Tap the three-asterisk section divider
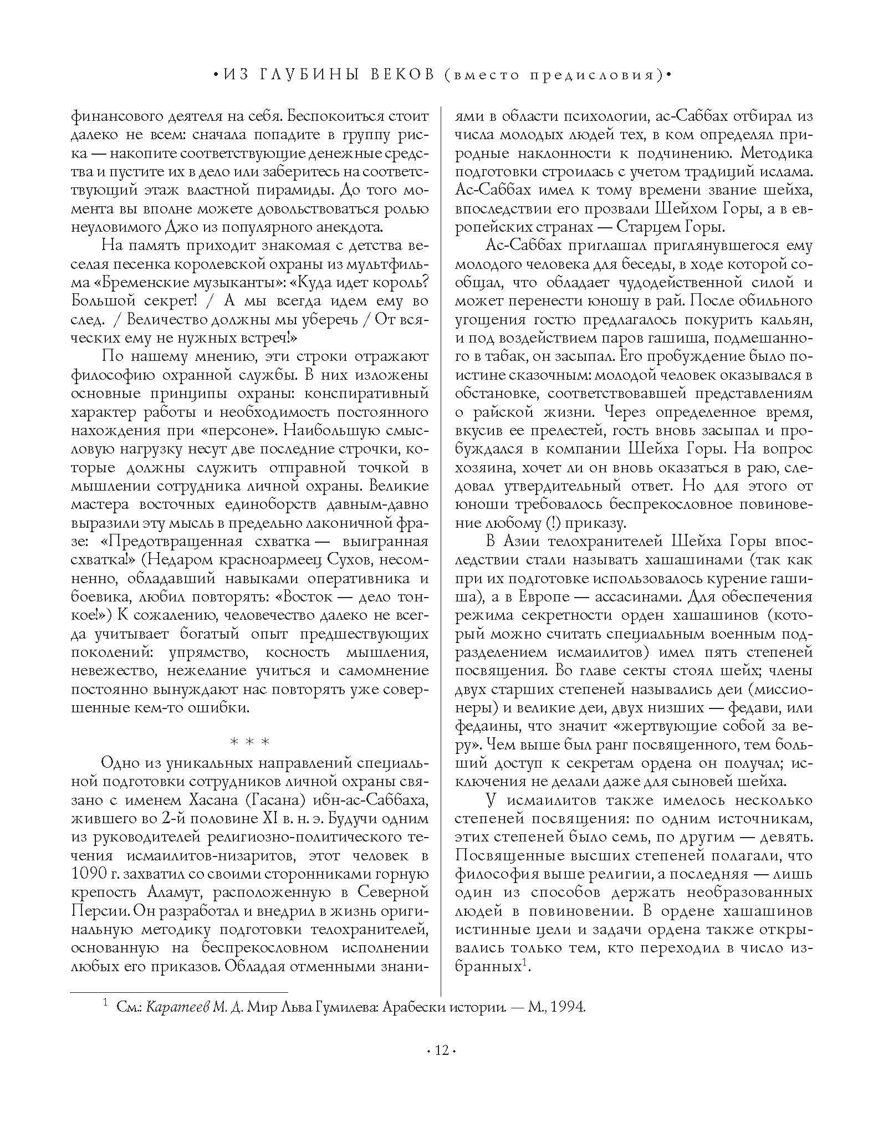[x=249, y=741]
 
